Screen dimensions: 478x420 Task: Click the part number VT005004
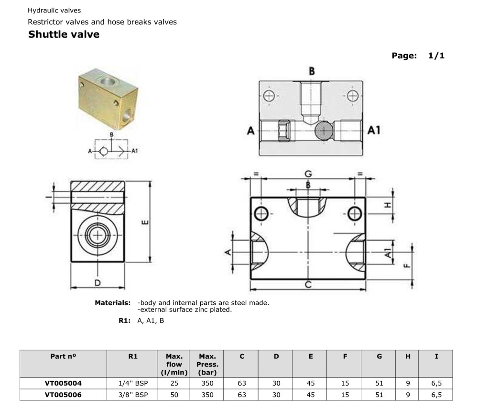pos(63,383)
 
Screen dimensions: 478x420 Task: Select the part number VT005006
pos(63,395)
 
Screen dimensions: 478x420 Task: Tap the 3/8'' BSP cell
pos(133,395)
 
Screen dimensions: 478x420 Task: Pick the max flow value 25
pos(174,383)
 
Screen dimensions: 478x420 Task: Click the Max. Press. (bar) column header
pos(207,364)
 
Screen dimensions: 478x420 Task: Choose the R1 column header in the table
pos(133,356)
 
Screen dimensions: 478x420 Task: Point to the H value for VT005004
pos(408,383)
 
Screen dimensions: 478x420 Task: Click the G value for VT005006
pos(379,395)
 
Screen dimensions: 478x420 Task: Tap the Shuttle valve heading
pos(64,34)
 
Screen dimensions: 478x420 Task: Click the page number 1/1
pos(436,55)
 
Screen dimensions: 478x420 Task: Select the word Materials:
pos(112,303)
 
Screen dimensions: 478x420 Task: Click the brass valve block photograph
pos(108,99)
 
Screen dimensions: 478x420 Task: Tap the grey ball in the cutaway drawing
pos(324,131)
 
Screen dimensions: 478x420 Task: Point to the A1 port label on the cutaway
pos(374,130)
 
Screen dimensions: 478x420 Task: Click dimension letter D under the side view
pos(97,283)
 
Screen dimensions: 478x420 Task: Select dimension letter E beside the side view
pos(145,222)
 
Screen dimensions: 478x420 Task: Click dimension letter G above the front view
pos(308,174)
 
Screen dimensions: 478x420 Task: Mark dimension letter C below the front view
pos(308,285)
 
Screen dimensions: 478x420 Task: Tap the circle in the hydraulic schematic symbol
pos(103,151)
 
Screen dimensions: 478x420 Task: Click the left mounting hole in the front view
pos(261,213)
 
